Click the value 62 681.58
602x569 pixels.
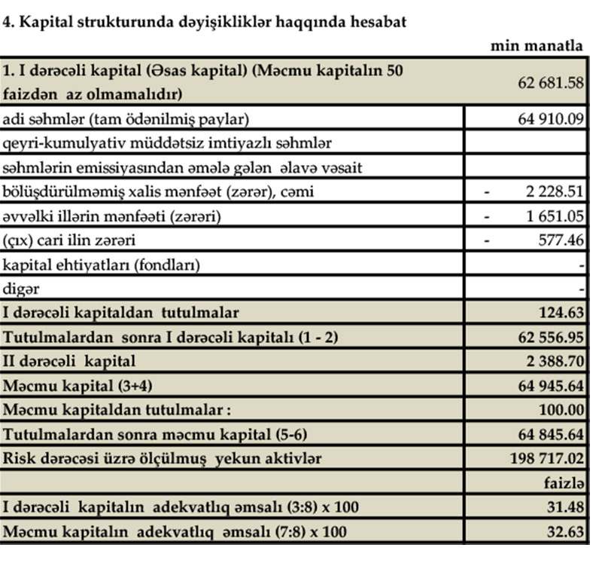[551, 83]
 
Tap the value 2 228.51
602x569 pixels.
[555, 191]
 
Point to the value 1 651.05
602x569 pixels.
[555, 216]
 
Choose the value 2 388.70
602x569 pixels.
[555, 361]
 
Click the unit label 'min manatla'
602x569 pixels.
[537, 46]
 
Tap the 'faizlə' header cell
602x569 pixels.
[564, 483]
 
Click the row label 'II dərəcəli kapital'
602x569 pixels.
[69, 361]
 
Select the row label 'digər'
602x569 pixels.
[21, 288]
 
